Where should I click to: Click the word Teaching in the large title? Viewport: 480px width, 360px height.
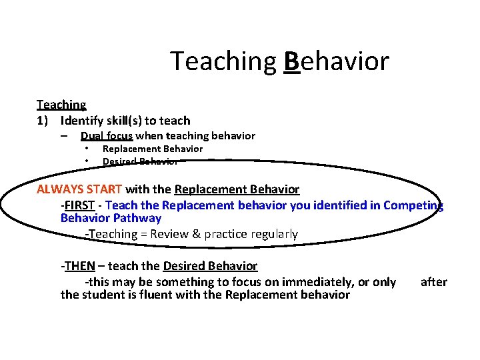(223, 61)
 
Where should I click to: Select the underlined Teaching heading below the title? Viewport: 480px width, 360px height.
(61, 105)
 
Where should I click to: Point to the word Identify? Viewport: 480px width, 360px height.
(83, 121)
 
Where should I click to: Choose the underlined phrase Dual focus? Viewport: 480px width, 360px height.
(107, 136)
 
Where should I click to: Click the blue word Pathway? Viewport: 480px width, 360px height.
(137, 218)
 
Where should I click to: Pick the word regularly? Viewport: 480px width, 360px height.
(271, 234)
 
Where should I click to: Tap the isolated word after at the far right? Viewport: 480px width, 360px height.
(433, 282)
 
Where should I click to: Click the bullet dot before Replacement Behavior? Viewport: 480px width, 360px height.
(87, 149)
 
